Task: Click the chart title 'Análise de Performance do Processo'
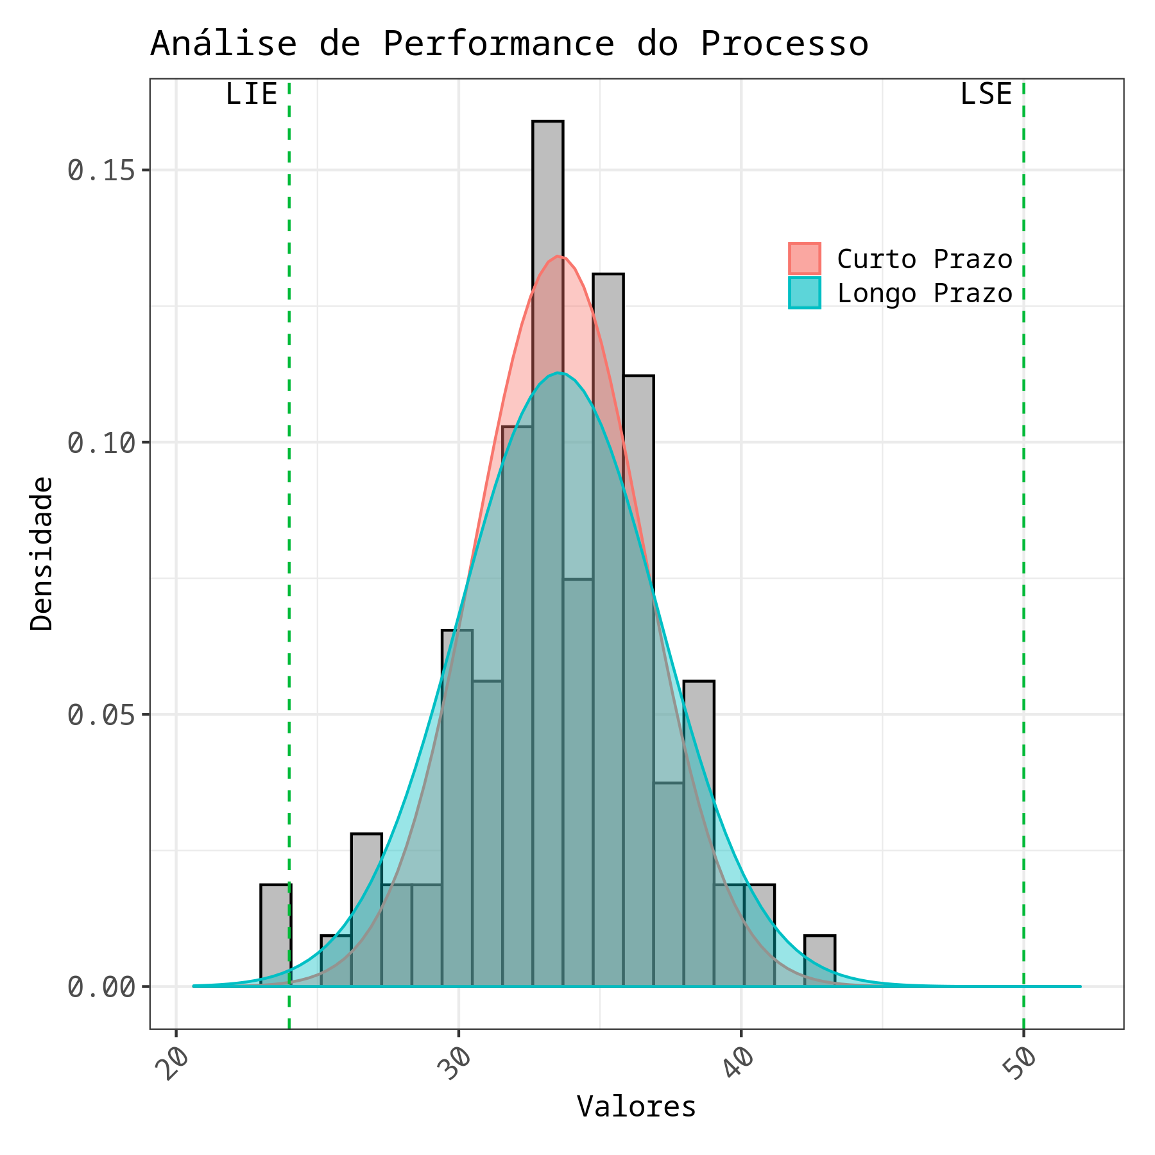point(509,45)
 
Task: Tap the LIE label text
point(251,95)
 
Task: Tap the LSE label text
point(986,95)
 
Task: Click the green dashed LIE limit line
point(289,513)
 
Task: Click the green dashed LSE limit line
point(1023,513)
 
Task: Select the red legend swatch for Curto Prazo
point(805,259)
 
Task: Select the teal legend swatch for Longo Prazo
point(805,293)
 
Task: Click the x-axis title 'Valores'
point(636,1107)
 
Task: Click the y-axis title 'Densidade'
point(42,553)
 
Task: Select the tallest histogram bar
point(548,193)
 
